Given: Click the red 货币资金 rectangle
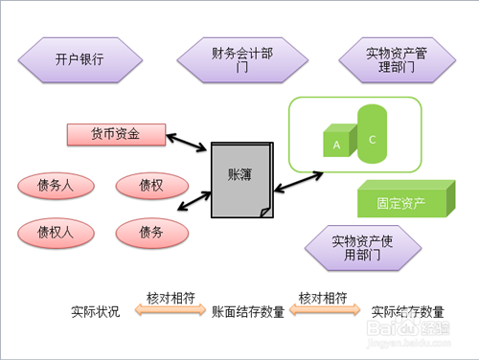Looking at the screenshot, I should click(x=116, y=135).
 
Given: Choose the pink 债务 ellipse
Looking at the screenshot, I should click(x=150, y=232).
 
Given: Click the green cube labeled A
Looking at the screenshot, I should click(x=337, y=144).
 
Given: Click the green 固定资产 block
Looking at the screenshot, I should click(x=402, y=203).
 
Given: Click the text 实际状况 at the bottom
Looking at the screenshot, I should click(x=96, y=311).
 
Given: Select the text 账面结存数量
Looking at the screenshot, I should click(x=247, y=311).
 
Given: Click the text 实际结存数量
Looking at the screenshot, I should click(x=407, y=311).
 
